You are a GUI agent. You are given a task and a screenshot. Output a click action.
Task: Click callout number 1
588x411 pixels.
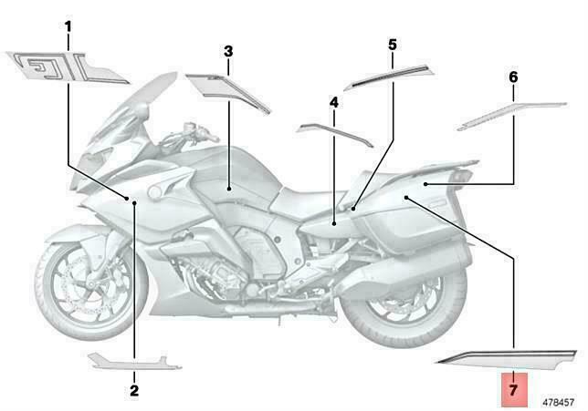click(68, 27)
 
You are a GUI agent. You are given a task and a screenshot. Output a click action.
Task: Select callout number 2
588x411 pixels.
click(134, 390)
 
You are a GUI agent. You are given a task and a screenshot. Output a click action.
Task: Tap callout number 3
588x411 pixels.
click(228, 52)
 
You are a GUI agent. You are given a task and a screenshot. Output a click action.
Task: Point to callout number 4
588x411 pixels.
click(334, 103)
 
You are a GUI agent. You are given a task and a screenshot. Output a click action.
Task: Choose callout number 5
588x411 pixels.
click(393, 45)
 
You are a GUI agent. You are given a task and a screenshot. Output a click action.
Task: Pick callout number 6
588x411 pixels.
click(513, 77)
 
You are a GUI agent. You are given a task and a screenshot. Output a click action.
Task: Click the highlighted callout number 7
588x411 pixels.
click(513, 390)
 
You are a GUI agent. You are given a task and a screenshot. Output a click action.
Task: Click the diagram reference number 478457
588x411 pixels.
click(559, 403)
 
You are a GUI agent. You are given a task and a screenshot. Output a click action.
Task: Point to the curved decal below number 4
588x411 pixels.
click(335, 133)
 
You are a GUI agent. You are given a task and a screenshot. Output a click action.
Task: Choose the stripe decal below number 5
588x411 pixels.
click(389, 77)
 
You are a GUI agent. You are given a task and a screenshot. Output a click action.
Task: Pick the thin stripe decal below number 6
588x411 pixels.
click(511, 115)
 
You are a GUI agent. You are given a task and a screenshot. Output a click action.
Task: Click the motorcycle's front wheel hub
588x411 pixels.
click(90, 287)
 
